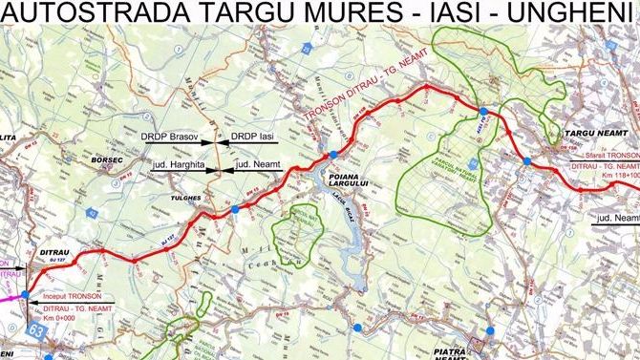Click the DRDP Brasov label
point(171,138)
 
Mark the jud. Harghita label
point(178,164)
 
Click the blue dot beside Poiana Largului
point(332,155)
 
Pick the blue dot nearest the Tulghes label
point(235,208)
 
